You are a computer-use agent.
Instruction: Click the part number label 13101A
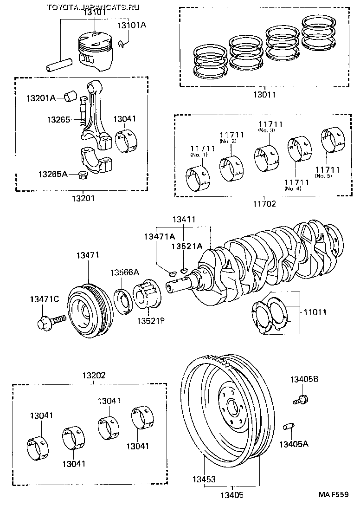pos(131,25)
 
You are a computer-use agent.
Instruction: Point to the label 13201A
pos(40,98)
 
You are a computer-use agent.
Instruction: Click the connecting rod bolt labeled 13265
pos(83,111)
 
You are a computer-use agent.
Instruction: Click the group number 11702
pos(264,203)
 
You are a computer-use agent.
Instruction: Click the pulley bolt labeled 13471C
pos(49,321)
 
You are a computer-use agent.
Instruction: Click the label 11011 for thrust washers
pos(315,312)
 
